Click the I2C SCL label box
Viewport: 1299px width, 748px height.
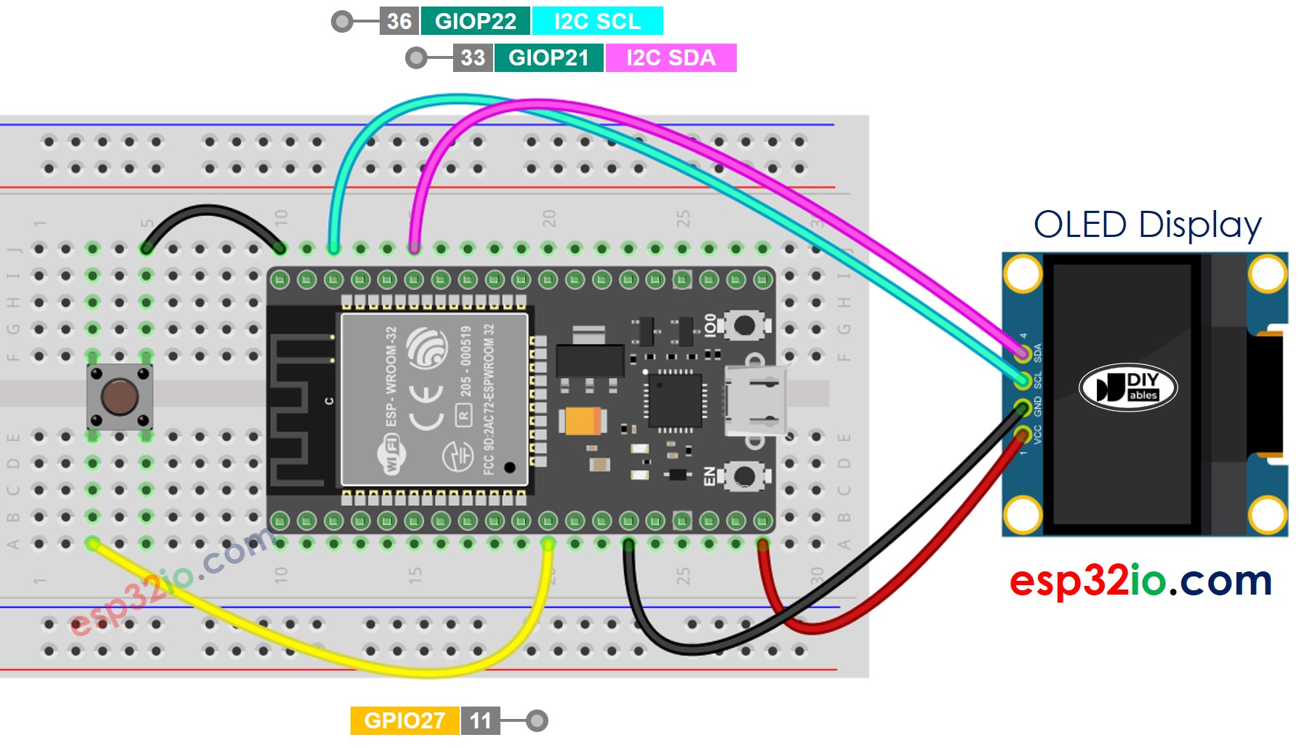(x=597, y=21)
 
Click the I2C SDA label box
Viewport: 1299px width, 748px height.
(x=671, y=57)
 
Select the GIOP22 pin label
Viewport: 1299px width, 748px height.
(x=475, y=21)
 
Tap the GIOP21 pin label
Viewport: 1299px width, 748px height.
(x=548, y=57)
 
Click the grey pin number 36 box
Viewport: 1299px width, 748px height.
(x=399, y=21)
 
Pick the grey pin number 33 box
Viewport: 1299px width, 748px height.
(x=473, y=57)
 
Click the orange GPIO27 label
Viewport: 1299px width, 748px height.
(x=404, y=720)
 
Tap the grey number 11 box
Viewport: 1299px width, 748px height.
(x=480, y=720)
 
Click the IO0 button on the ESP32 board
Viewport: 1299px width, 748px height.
(x=744, y=325)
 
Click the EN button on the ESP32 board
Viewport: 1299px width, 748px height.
(x=744, y=477)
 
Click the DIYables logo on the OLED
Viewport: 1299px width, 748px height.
(x=1127, y=387)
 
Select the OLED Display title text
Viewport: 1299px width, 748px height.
(x=1147, y=225)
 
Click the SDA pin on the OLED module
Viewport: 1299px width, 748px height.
(x=1023, y=353)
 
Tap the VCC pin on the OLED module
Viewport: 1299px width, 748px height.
(x=1023, y=435)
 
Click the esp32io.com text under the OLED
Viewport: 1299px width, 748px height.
(x=1140, y=581)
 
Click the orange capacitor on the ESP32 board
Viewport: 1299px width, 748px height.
(x=581, y=420)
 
